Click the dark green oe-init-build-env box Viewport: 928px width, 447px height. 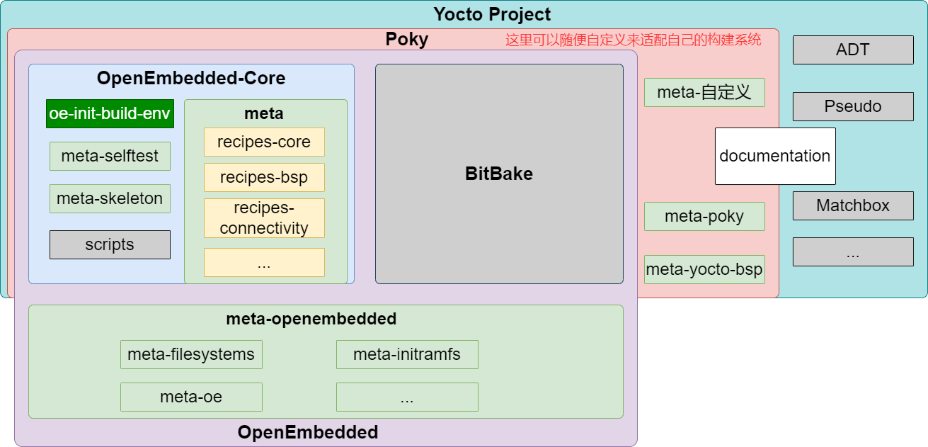(110, 113)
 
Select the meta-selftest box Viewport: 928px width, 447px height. (110, 157)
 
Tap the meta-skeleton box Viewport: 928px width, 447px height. (110, 198)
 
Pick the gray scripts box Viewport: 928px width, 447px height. (110, 244)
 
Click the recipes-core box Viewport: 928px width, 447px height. (264, 142)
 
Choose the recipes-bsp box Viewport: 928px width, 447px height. (264, 178)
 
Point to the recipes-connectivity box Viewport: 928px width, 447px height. (264, 218)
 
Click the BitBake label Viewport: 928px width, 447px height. (499, 174)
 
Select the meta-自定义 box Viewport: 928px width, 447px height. (704, 93)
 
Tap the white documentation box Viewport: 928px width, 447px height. (775, 157)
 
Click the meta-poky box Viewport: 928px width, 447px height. (704, 217)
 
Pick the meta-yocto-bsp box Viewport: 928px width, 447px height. (704, 269)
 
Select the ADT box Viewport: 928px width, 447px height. (853, 50)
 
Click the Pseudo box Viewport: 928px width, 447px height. (853, 106)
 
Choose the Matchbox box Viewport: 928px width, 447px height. (853, 205)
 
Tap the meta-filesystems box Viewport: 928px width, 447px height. (191, 354)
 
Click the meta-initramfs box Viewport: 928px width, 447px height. (407, 354)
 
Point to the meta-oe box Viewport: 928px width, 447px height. (191, 397)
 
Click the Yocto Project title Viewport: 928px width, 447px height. (492, 14)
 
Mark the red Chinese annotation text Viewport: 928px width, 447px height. (633, 40)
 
